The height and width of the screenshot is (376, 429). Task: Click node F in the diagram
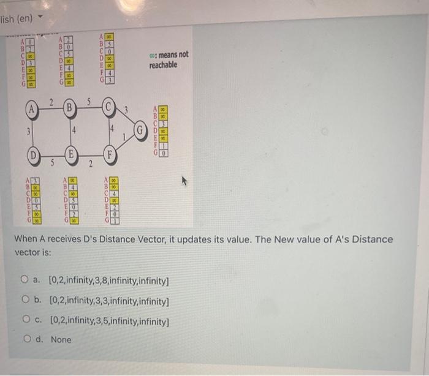pos(111,154)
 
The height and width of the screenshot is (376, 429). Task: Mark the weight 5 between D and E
pos(52,164)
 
